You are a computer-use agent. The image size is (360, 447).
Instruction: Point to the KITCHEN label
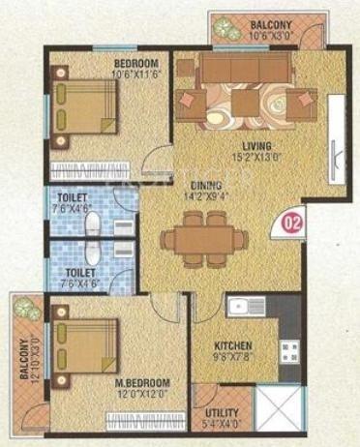(234, 344)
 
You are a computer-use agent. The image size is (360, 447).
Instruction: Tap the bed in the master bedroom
(84, 343)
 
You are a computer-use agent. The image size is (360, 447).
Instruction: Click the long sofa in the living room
(246, 67)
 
